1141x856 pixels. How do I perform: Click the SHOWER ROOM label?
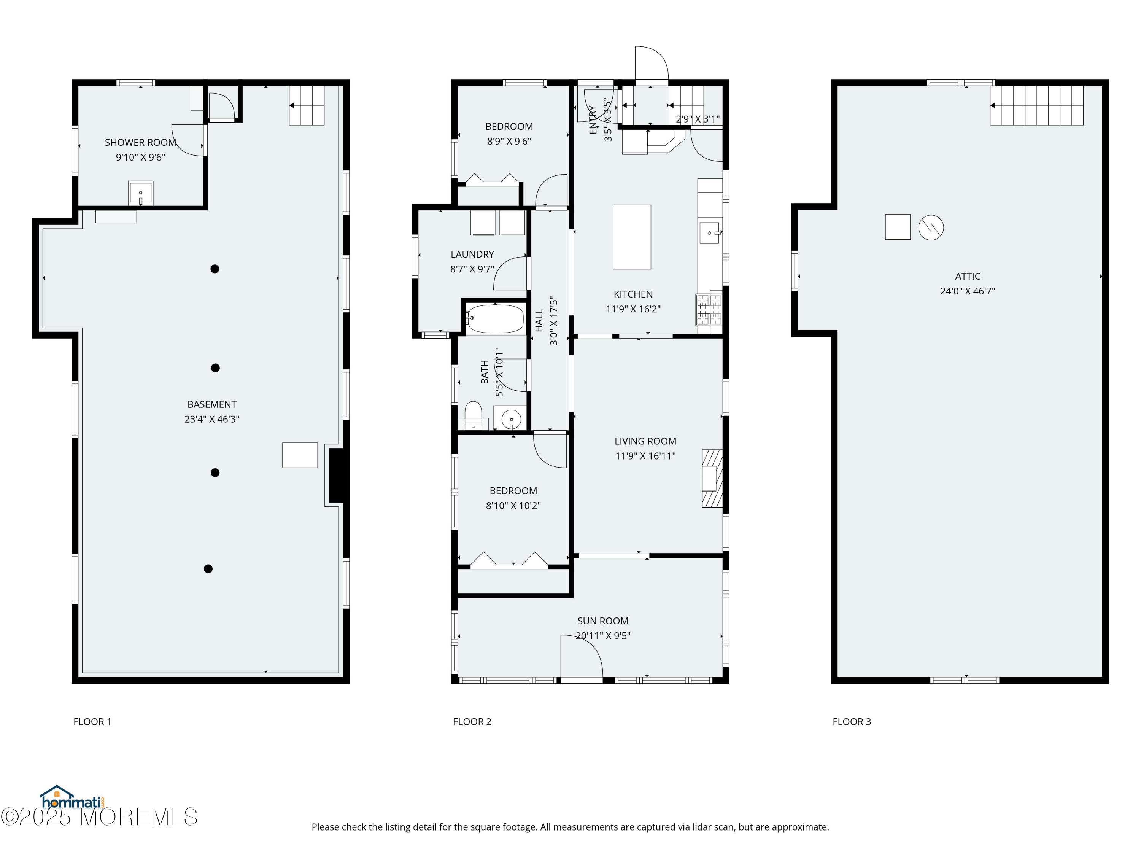coord(140,142)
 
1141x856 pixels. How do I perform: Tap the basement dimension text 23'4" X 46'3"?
coord(211,419)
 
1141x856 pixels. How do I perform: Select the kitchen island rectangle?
coord(631,237)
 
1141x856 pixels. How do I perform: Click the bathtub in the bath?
coord(495,319)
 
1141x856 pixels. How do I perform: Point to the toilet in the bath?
coord(474,414)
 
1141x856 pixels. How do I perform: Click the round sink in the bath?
coord(511,418)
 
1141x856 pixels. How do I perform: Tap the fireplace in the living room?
coord(712,478)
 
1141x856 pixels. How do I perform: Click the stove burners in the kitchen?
coord(709,310)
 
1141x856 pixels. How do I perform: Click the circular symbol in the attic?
coord(931,227)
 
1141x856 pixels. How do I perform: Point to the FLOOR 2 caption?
coord(472,721)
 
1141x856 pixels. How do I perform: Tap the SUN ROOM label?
coord(602,621)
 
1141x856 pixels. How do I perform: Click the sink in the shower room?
coord(140,193)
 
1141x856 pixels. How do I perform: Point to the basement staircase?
coord(307,105)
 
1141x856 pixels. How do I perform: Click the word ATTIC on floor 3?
coord(967,276)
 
